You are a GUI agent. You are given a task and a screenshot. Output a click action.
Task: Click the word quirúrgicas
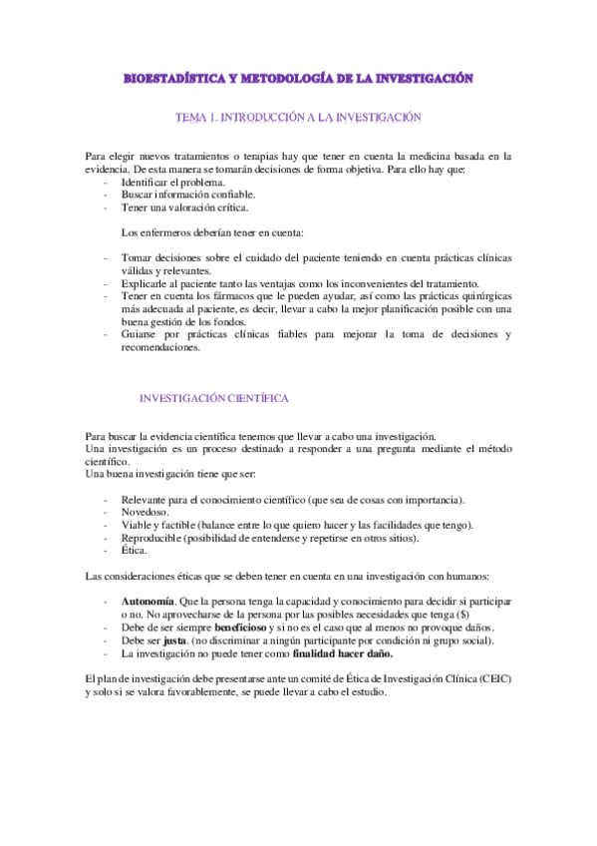[480, 296]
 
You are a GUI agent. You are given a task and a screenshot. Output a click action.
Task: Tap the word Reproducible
[153, 538]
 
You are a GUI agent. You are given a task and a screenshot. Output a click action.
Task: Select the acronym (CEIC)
[490, 679]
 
